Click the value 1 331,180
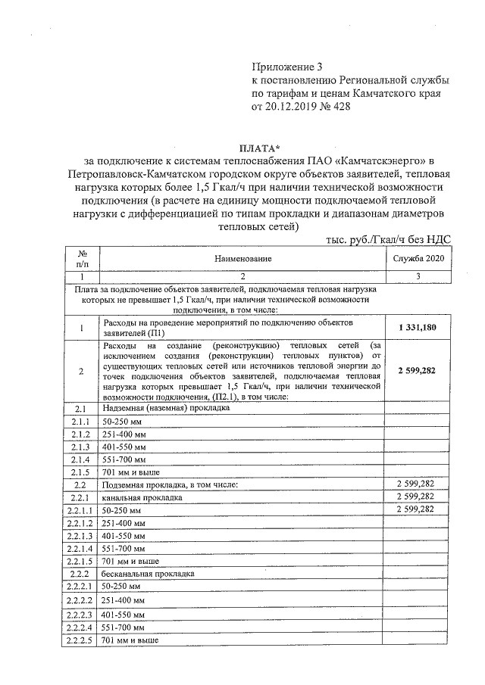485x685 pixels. click(416, 327)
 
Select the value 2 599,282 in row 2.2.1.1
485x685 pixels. click(416, 509)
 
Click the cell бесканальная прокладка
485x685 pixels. click(147, 574)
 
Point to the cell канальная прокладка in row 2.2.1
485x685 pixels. click(141, 497)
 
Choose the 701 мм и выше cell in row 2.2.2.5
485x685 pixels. click(129, 640)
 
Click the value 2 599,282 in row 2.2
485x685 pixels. click(416, 484)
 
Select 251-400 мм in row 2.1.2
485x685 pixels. click(124, 433)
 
